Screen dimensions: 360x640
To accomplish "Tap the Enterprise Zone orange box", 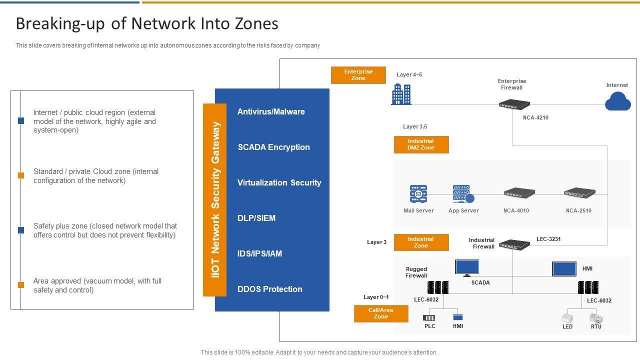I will [358, 75].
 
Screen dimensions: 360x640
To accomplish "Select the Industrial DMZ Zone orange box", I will [421, 144].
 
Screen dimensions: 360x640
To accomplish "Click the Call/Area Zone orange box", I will [381, 313].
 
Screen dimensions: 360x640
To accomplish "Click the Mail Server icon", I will [418, 194].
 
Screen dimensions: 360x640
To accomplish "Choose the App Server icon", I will [463, 194].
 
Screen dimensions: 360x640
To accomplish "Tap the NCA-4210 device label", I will [536, 118].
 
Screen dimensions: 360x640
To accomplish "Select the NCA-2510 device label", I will [578, 211].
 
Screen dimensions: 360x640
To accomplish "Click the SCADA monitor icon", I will [467, 267].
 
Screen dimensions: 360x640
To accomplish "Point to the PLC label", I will [430, 326].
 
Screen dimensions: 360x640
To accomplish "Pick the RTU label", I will [596, 327].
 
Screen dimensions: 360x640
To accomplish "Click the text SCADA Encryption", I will [273, 147].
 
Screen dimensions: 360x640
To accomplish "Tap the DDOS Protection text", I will [269, 289].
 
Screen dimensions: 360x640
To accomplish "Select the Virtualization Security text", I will [279, 183].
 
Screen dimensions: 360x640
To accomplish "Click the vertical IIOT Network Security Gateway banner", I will [215, 200].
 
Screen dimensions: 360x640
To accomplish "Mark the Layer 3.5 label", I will [415, 127].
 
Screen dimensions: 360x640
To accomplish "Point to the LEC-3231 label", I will [548, 239].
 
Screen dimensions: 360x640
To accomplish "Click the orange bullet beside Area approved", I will [21, 285].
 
